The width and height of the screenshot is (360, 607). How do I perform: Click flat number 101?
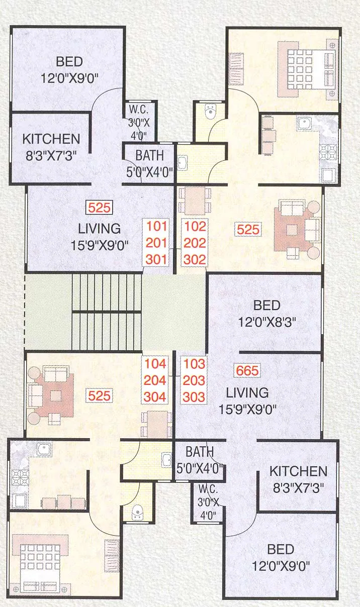click(156, 226)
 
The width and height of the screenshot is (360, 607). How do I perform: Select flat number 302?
click(195, 259)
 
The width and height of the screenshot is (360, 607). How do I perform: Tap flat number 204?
click(155, 380)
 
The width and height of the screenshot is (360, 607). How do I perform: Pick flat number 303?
click(194, 397)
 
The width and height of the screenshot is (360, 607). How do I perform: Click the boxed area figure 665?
click(246, 371)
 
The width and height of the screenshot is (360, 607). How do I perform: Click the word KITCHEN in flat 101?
click(51, 139)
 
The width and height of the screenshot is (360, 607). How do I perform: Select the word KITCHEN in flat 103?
click(298, 471)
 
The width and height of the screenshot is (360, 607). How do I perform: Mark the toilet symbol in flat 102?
click(210, 112)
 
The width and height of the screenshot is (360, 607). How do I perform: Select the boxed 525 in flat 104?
click(99, 395)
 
